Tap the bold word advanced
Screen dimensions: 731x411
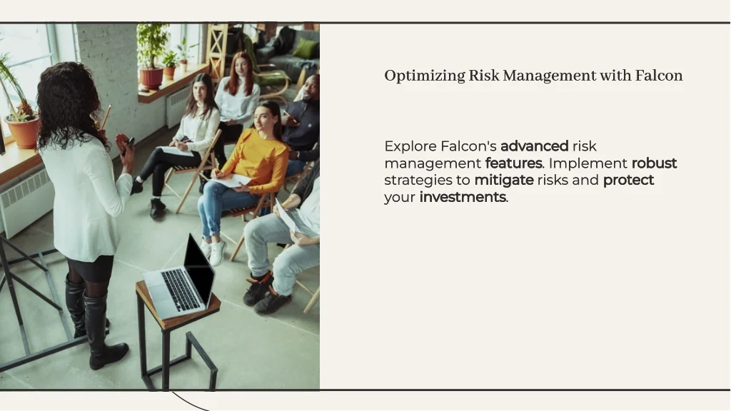[534, 146]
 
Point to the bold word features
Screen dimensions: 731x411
[514, 163]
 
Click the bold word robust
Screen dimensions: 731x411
[654, 163]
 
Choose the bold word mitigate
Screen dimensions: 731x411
[504, 180]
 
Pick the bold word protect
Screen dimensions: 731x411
[628, 181]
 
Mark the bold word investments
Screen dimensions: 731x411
[463, 197]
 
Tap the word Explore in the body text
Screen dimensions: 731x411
[410, 147]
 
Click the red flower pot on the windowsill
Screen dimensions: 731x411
[151, 78]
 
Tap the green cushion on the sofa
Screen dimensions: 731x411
[305, 49]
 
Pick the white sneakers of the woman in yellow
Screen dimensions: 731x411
[213, 252]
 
